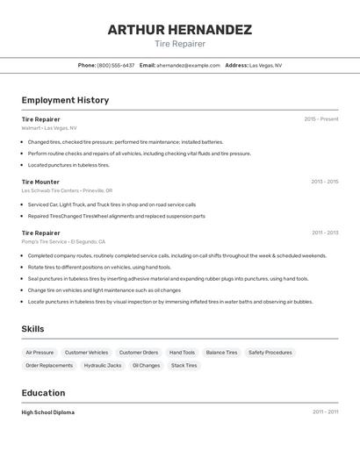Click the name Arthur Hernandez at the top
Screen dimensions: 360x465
(179, 29)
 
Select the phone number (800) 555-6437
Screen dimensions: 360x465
(116, 65)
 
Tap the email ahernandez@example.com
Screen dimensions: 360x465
(189, 65)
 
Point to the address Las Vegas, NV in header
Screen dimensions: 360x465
(265, 65)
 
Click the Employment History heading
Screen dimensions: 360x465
(65, 100)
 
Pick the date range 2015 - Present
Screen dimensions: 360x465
(320, 118)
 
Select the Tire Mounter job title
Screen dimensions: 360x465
(40, 182)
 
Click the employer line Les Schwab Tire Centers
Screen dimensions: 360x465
(68, 190)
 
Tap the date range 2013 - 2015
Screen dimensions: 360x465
(324, 182)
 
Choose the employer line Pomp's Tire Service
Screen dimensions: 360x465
(63, 241)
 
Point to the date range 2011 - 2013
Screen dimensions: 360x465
(324, 232)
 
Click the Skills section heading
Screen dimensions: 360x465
(33, 329)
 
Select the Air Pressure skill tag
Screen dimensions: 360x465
(40, 352)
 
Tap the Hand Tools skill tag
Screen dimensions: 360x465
(182, 352)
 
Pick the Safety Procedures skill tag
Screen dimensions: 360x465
(270, 352)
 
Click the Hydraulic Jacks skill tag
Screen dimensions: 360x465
(103, 365)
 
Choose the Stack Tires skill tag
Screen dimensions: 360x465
(184, 365)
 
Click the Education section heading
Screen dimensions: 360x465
(43, 393)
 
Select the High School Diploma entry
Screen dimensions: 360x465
(48, 412)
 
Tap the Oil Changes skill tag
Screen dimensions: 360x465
(147, 365)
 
